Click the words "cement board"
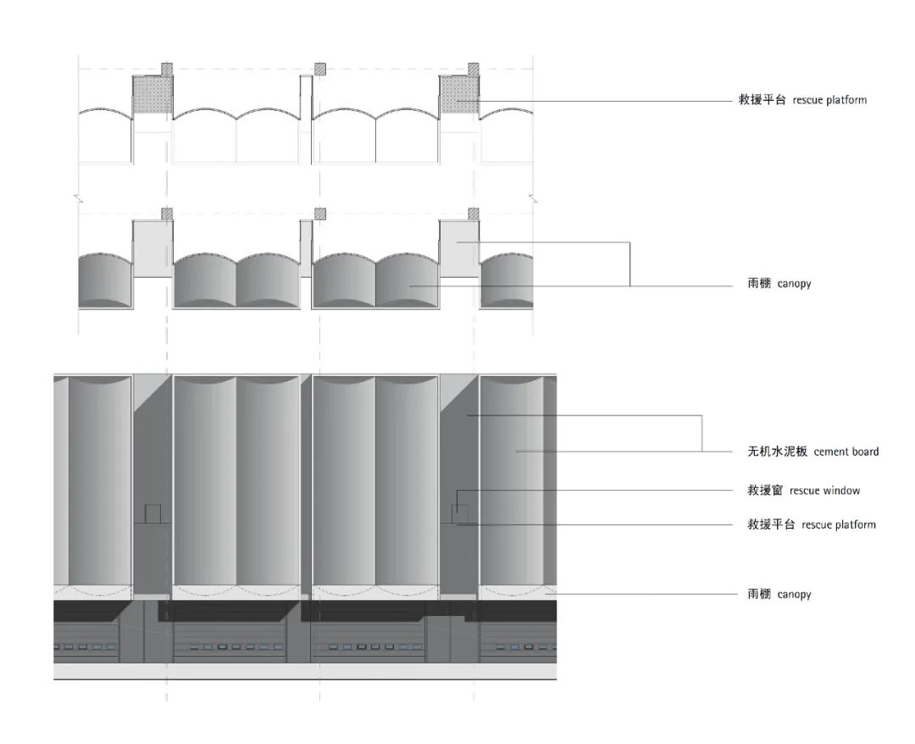tap(846, 452)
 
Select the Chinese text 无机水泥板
tap(777, 451)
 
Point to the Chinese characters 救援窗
tap(765, 490)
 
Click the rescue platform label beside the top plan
tap(802, 100)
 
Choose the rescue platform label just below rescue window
tap(812, 525)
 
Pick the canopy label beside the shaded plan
tap(779, 284)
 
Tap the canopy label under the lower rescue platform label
tap(779, 594)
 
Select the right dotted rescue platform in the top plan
tap(459, 94)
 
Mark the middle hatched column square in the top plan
tap(319, 69)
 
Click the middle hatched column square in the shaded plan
tap(319, 214)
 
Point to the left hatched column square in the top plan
tap(167, 69)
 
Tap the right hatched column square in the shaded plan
tap(474, 214)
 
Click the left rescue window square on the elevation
tap(152, 514)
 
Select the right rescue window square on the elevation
tap(459, 514)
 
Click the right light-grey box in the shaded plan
tap(459, 248)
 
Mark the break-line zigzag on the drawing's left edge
tap(78, 200)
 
